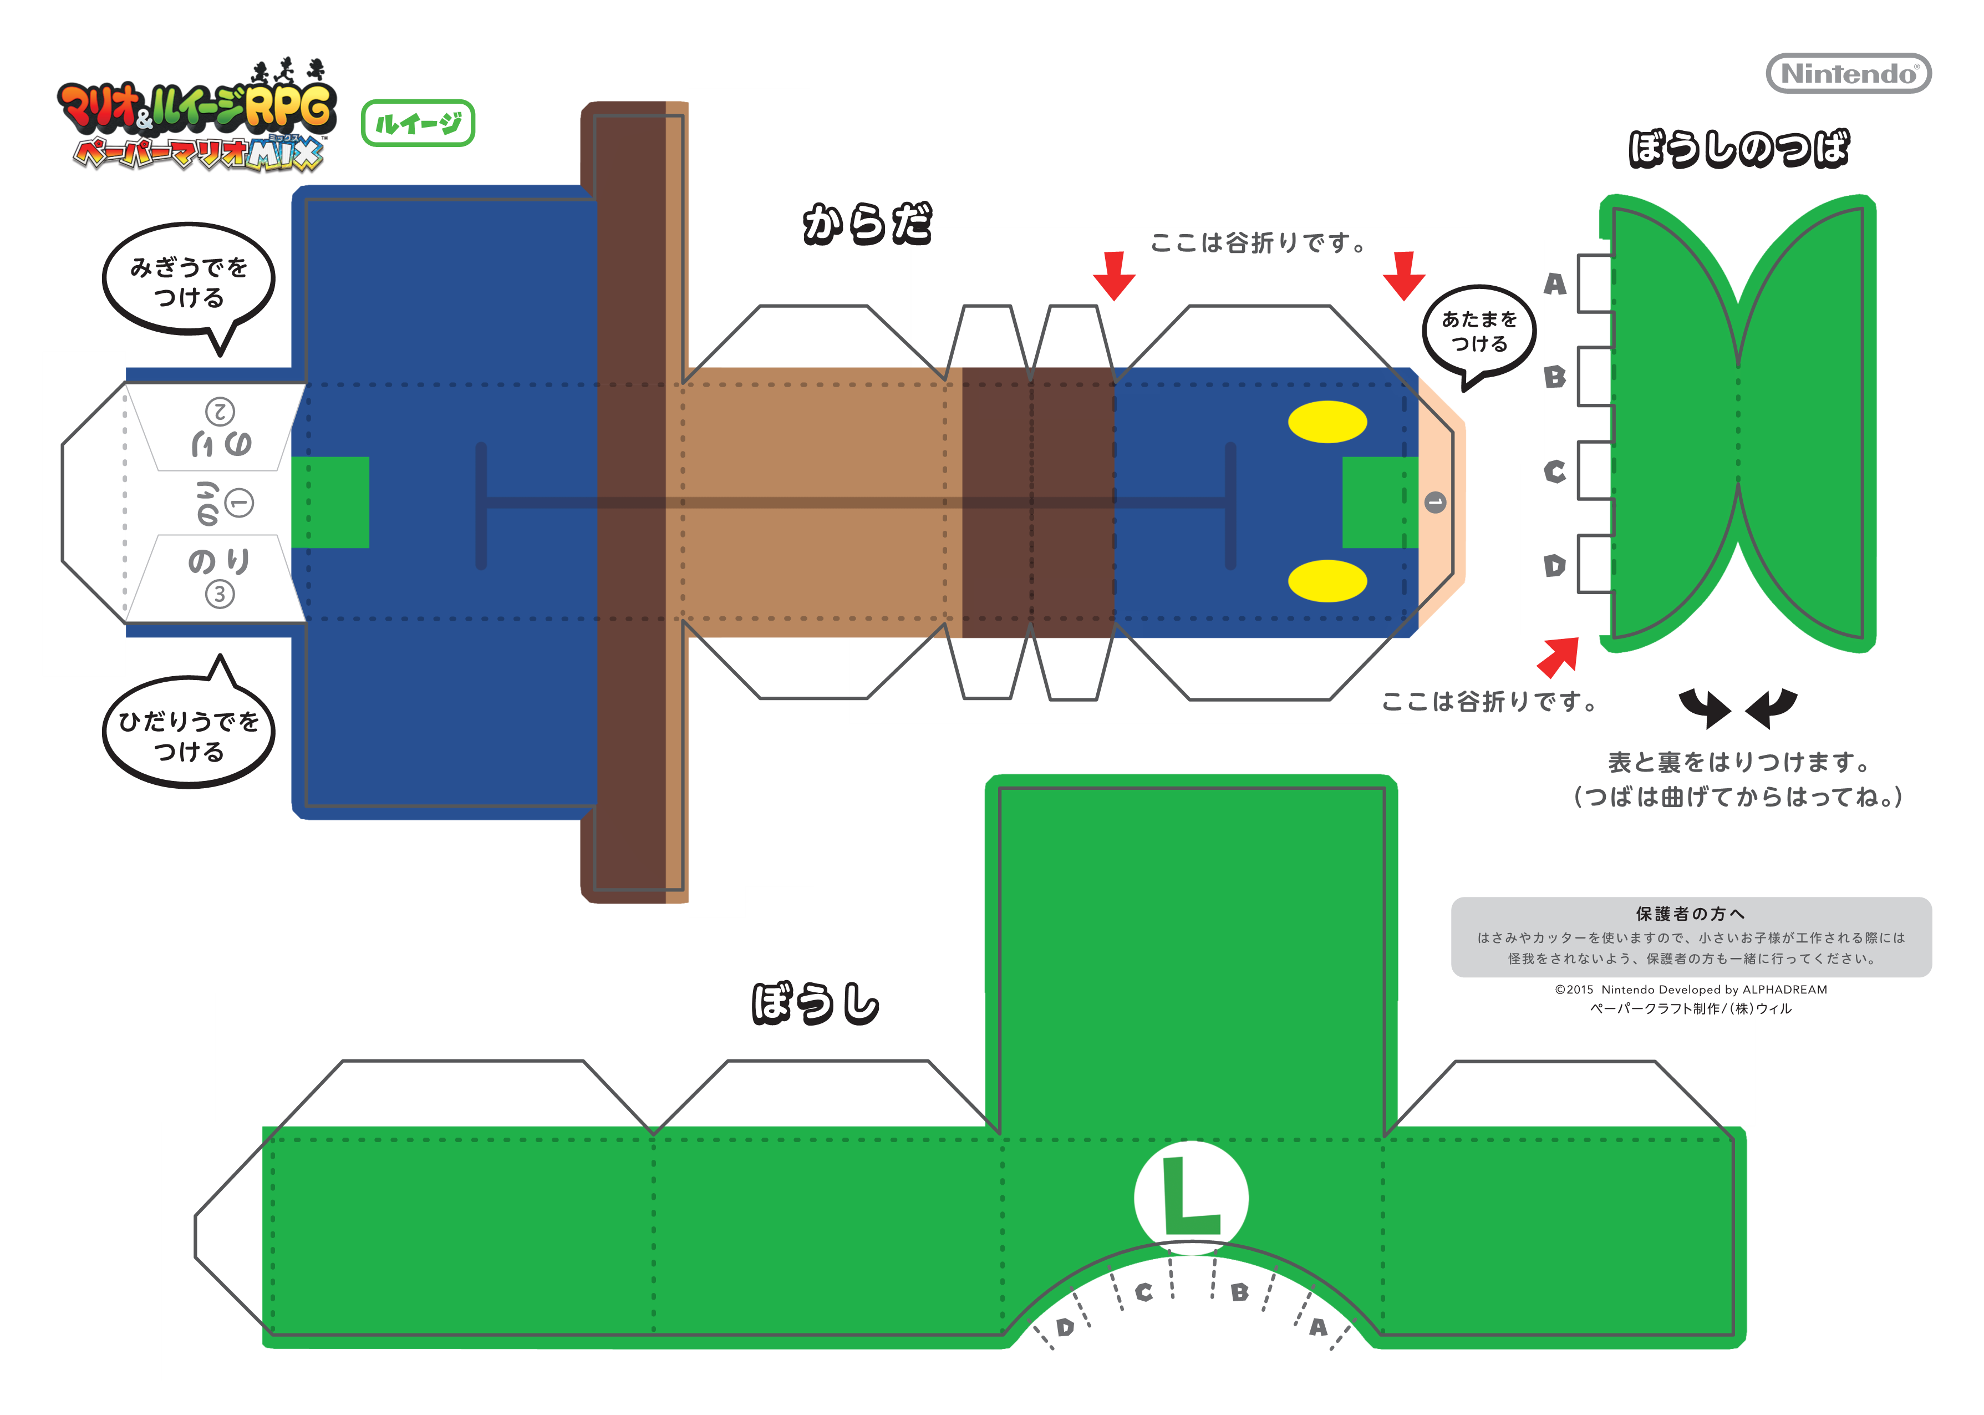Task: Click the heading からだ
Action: click(867, 224)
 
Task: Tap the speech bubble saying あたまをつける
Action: click(1479, 332)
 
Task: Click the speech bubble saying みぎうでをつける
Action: click(189, 281)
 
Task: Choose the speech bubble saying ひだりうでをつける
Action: click(189, 734)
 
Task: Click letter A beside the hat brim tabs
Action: click(1555, 284)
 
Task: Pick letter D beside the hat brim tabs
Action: click(1555, 566)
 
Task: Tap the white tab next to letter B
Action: click(1595, 377)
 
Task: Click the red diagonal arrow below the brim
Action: click(1559, 656)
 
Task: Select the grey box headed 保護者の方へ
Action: click(1691, 937)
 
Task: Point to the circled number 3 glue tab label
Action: click(220, 594)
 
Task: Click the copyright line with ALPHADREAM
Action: click(1691, 990)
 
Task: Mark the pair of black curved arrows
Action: click(1737, 707)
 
